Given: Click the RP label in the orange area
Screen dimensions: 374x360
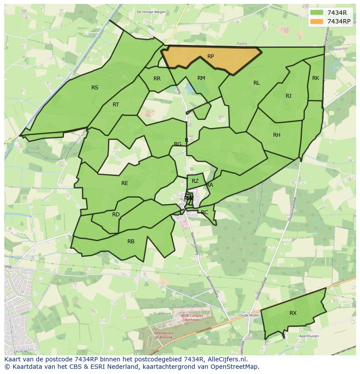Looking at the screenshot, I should (x=210, y=56).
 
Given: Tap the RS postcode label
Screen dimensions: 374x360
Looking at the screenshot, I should (x=95, y=88).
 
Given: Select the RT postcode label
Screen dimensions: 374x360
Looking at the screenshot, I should (x=116, y=105).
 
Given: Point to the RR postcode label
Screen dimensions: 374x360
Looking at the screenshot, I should (x=157, y=79).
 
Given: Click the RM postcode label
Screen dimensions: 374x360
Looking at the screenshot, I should (x=201, y=78).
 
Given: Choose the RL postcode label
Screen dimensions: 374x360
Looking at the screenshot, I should (x=257, y=83).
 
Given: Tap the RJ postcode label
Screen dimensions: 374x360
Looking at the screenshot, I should (x=288, y=96).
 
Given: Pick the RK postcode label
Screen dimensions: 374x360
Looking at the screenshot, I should (x=316, y=78).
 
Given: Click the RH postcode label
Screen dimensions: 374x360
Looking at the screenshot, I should (x=277, y=135).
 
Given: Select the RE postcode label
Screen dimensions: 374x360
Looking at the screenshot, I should (x=125, y=183).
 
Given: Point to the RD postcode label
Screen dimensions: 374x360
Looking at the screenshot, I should (x=116, y=215).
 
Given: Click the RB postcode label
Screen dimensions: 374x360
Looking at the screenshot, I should (x=131, y=242).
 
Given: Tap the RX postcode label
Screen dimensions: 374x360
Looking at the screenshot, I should (x=293, y=313).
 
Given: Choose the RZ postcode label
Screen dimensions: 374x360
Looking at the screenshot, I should (x=195, y=181).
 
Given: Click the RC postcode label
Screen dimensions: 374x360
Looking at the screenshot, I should (x=204, y=212).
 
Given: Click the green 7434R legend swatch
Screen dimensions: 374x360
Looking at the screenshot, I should (x=317, y=13).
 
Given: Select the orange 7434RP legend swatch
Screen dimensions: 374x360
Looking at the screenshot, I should (x=317, y=21).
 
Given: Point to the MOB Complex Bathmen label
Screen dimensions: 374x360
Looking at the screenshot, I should (x=186, y=317).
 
